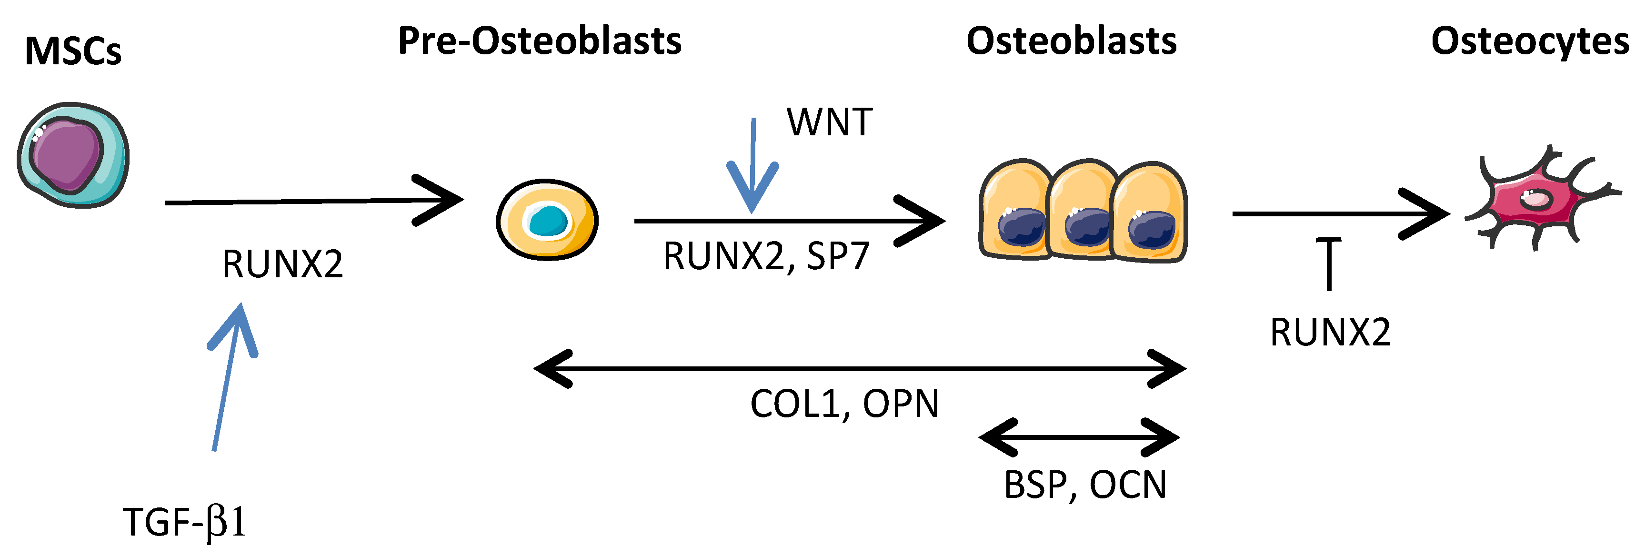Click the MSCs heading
pos(72,51)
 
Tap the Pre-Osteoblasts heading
pos(540,41)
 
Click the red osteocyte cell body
pos(1533,201)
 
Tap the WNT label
pos(829,122)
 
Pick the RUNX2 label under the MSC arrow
pos(282,264)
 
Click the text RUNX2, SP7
pos(766,256)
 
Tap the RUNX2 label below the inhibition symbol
pos(1330,333)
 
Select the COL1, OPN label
pos(844,404)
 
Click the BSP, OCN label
pos(1085,485)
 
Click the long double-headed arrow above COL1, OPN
pos(859,369)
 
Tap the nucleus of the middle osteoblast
pos(1087,227)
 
